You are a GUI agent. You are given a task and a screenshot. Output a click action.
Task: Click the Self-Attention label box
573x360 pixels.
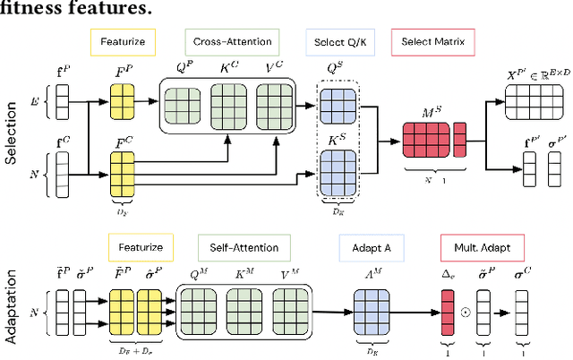tap(244, 246)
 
